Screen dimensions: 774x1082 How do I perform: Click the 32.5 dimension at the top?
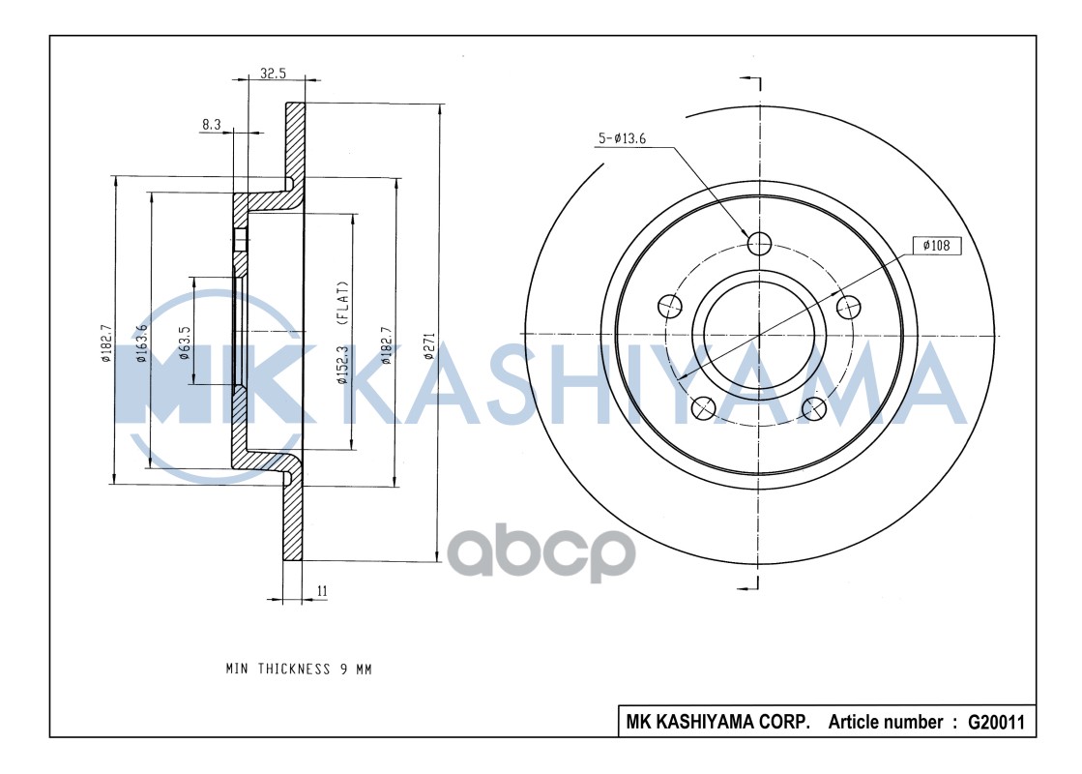(273, 73)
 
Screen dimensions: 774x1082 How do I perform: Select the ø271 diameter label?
(430, 347)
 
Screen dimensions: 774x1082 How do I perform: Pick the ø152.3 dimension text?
(342, 366)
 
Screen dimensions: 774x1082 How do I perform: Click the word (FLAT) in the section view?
(342, 303)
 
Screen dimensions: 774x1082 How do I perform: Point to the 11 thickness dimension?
(322, 589)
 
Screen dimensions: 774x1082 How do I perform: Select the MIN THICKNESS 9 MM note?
(299, 669)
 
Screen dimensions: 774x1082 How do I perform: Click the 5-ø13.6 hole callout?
(622, 139)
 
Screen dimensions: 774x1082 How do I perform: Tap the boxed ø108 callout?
(937, 246)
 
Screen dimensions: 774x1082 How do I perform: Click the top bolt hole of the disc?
(760, 242)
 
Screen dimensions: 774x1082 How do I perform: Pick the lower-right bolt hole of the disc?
(815, 407)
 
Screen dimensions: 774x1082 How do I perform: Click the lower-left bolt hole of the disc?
(704, 408)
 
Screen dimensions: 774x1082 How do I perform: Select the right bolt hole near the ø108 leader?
(848, 307)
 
